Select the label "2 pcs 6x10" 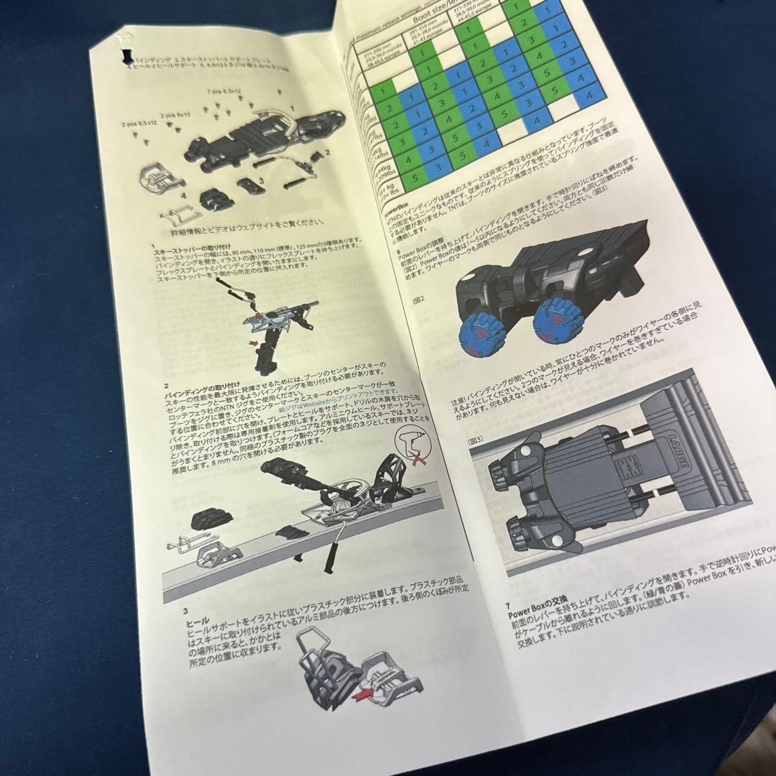tap(175, 115)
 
